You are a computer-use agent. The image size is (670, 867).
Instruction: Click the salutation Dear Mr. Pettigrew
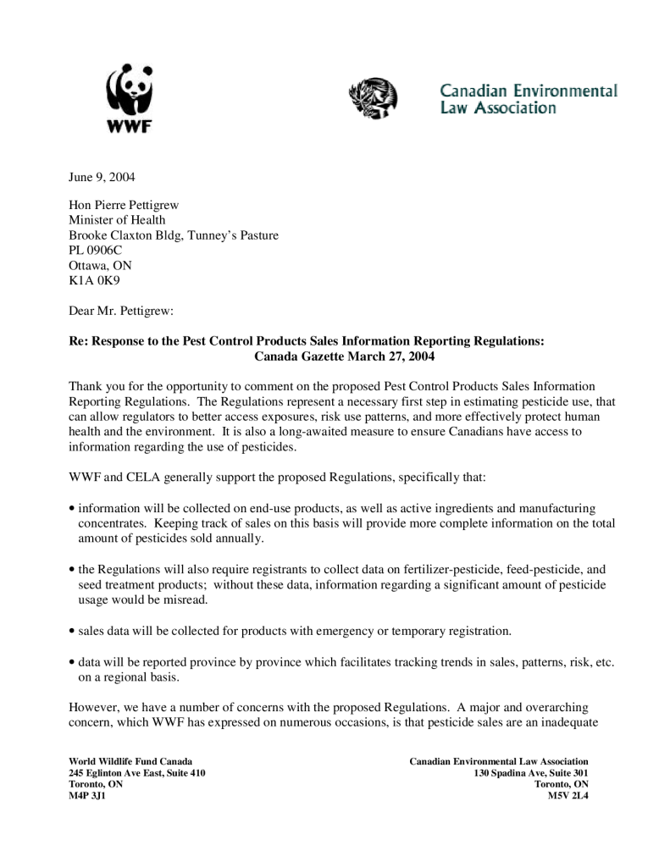tap(120, 311)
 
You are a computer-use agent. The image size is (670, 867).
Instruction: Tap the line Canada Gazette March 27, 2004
tap(344, 356)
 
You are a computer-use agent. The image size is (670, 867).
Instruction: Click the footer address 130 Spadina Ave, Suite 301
tap(531, 773)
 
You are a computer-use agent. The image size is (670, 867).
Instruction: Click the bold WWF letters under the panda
tap(127, 128)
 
